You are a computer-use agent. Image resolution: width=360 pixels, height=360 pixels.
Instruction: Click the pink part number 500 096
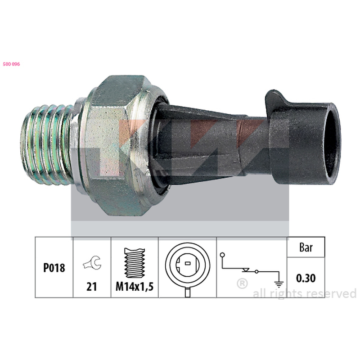[x=11, y=64]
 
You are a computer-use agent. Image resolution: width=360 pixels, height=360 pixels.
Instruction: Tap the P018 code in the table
[x=54, y=268]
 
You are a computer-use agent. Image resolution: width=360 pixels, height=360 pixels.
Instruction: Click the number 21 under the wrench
[x=92, y=287]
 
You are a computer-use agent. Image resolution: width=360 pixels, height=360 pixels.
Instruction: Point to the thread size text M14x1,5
[x=135, y=287]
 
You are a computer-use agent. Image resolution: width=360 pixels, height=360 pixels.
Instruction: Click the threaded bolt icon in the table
[x=135, y=263]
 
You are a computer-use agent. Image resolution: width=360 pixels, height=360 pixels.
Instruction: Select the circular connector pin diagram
[x=188, y=267]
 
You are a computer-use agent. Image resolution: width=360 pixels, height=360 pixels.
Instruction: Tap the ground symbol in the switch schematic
[x=279, y=284]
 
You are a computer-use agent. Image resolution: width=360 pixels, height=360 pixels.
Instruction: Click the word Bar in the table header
[x=306, y=247]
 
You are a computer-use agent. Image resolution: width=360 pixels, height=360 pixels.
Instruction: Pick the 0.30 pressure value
[x=306, y=278]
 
